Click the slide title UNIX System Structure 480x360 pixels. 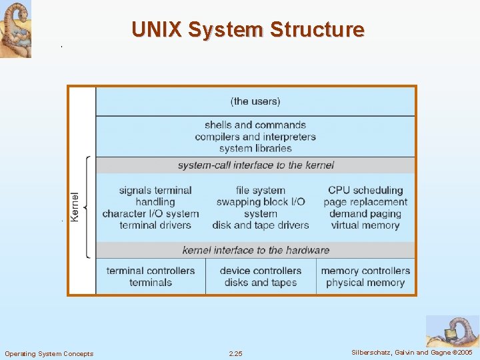[x=248, y=30]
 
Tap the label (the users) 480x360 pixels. [x=255, y=101]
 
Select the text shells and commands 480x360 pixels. [x=255, y=125]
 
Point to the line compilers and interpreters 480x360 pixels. [x=255, y=137]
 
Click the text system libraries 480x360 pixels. [x=255, y=148]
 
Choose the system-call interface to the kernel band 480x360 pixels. [x=255, y=165]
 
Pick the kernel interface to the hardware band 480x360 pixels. [x=255, y=250]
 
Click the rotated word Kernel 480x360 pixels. [x=75, y=207]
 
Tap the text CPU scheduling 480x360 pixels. [x=365, y=190]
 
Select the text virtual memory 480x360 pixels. [x=365, y=225]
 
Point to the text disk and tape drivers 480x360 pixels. [x=261, y=225]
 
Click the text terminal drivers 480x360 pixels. [x=155, y=225]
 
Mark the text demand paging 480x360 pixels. [x=365, y=213]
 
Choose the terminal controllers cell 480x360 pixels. [x=151, y=277]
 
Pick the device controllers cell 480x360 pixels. [x=261, y=277]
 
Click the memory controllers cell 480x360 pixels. [x=365, y=277]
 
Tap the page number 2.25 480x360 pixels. [x=235, y=353]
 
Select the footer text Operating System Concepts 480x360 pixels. [x=49, y=353]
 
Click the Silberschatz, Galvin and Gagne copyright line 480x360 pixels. [x=412, y=352]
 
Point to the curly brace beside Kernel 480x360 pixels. [x=87, y=207]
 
